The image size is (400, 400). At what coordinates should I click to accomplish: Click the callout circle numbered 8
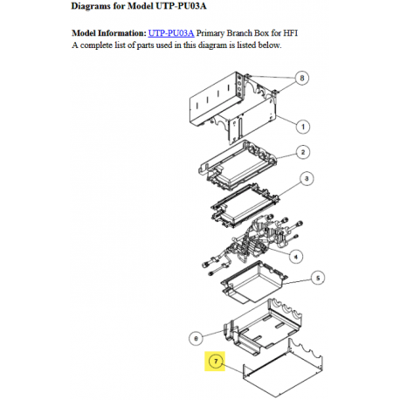coord(302,78)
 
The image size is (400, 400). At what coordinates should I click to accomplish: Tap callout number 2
coord(302,152)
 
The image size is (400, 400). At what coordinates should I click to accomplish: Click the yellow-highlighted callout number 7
coord(216,362)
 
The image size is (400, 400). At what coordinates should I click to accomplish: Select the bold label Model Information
coord(107,32)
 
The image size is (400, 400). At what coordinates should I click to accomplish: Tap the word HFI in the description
coord(301,32)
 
